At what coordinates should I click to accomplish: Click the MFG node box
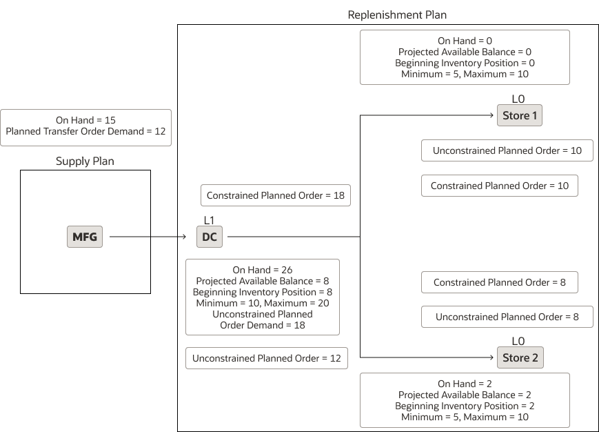coord(85,237)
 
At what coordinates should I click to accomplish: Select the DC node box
coord(210,237)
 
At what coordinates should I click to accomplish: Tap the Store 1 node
coord(520,115)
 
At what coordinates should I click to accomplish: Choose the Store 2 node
coord(520,357)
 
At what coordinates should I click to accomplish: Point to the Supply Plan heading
coord(85,161)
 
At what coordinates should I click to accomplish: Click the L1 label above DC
coord(210,220)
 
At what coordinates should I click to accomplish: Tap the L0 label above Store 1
coord(518,99)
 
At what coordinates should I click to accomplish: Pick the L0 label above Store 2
coord(518,341)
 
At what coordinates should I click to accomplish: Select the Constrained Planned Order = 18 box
coord(275,195)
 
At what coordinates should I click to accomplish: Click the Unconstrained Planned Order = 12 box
coord(266,358)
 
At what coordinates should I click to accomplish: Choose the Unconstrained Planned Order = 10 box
coord(507,150)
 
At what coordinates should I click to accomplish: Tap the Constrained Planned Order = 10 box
coord(499,186)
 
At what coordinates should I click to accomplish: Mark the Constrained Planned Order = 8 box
coord(499,282)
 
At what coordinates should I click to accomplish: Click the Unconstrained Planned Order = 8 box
coord(507,317)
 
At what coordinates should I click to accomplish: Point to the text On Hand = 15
coord(85,120)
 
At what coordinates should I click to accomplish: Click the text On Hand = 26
coord(262,270)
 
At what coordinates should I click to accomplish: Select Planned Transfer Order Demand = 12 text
coord(85,131)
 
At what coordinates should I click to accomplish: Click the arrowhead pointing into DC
coord(184,237)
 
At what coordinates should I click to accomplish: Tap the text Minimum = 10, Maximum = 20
coord(262,303)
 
